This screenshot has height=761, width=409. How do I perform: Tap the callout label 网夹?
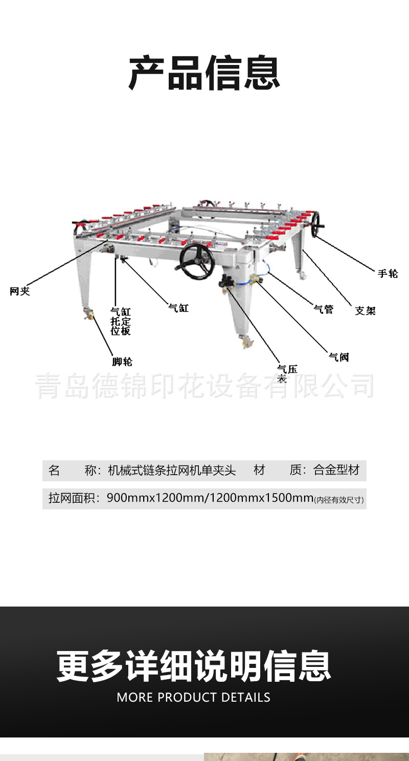pos(20,292)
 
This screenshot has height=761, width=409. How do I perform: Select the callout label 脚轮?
pos(122,362)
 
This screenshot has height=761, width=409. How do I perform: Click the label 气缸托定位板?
pos(121,321)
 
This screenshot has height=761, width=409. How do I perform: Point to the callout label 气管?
pos(323,309)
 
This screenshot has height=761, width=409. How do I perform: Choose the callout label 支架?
pos(365,310)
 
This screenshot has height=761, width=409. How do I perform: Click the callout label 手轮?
pos(388,274)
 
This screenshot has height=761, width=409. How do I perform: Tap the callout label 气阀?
pos(338,357)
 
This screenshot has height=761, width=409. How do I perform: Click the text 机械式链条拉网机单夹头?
pos(172,471)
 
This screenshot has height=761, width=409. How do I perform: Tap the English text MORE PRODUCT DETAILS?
pos(193,697)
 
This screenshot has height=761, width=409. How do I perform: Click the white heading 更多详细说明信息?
pos(194,666)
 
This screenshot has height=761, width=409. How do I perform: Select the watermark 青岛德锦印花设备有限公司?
pos(204,387)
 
